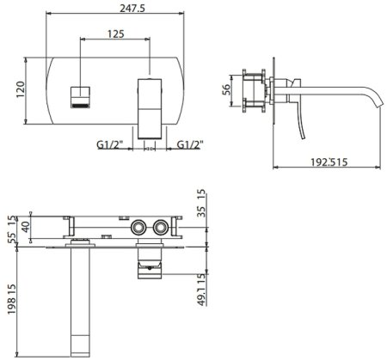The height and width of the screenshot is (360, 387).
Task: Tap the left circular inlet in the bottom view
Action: pyautogui.click(x=138, y=228)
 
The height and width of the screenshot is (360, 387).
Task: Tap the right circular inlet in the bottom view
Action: pyautogui.click(x=159, y=228)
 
